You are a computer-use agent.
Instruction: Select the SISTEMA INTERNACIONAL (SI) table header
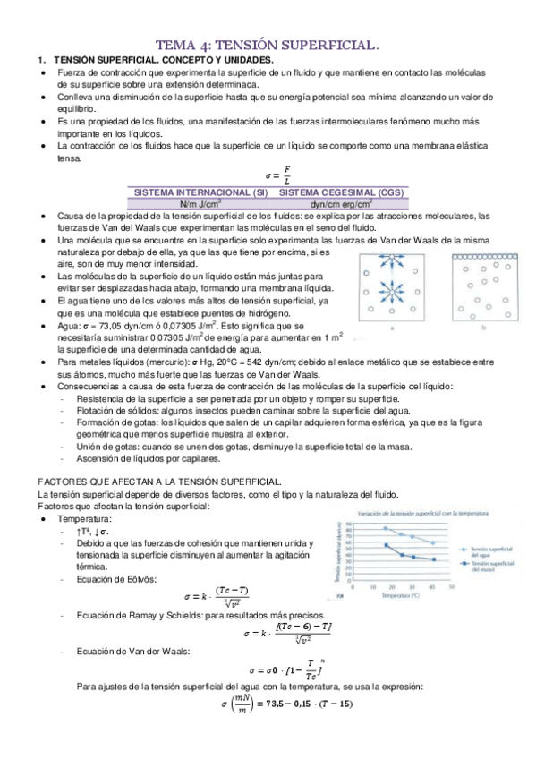[x=200, y=191]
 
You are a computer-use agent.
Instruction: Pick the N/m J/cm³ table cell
[x=200, y=203]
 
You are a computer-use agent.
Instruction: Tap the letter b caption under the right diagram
[x=482, y=329]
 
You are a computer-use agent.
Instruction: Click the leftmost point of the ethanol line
[x=385, y=544]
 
